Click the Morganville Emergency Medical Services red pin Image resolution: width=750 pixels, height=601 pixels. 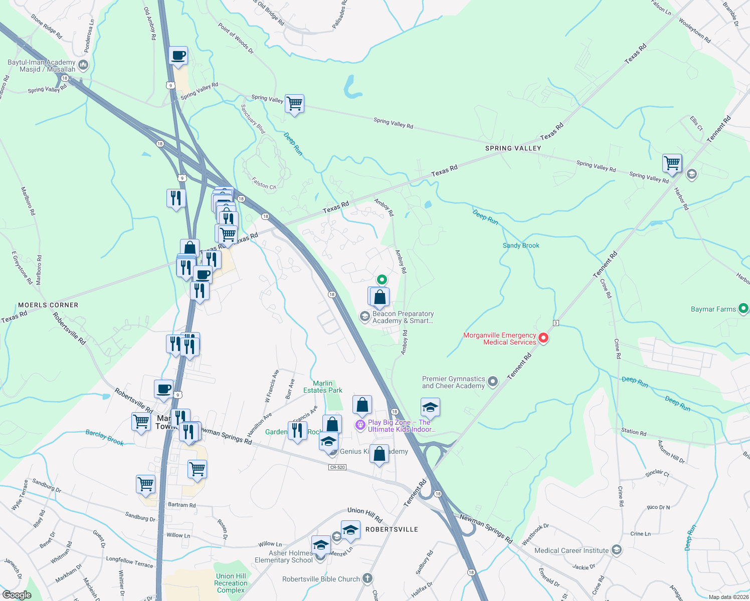point(543,339)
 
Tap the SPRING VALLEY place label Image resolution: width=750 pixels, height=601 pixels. point(513,148)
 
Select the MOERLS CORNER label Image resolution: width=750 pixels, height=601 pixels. point(48,305)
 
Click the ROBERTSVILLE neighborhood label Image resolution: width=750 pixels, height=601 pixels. point(392,529)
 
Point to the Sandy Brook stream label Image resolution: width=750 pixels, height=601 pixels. point(521,245)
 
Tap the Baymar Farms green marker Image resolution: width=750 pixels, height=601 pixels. point(743,309)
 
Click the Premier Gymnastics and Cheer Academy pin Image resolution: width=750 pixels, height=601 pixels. point(493,382)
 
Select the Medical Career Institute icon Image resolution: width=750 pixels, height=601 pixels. point(616,550)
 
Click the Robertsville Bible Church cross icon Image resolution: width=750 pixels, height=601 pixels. point(367,579)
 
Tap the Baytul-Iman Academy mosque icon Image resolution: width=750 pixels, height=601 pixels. point(83,65)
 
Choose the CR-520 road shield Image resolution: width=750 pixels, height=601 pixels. point(337,467)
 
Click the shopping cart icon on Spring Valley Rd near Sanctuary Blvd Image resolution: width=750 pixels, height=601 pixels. point(295,104)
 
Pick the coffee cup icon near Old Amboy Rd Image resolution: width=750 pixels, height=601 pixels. point(178,56)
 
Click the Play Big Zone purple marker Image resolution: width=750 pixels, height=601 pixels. point(360,425)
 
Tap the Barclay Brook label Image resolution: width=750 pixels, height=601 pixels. point(104,437)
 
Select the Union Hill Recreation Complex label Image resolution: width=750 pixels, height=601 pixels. point(231,583)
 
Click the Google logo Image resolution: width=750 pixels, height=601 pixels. point(17,594)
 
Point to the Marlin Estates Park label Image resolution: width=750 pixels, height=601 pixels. point(323,387)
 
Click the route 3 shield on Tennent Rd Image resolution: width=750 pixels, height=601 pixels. point(556,323)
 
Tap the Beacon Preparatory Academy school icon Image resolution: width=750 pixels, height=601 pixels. point(365,317)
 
